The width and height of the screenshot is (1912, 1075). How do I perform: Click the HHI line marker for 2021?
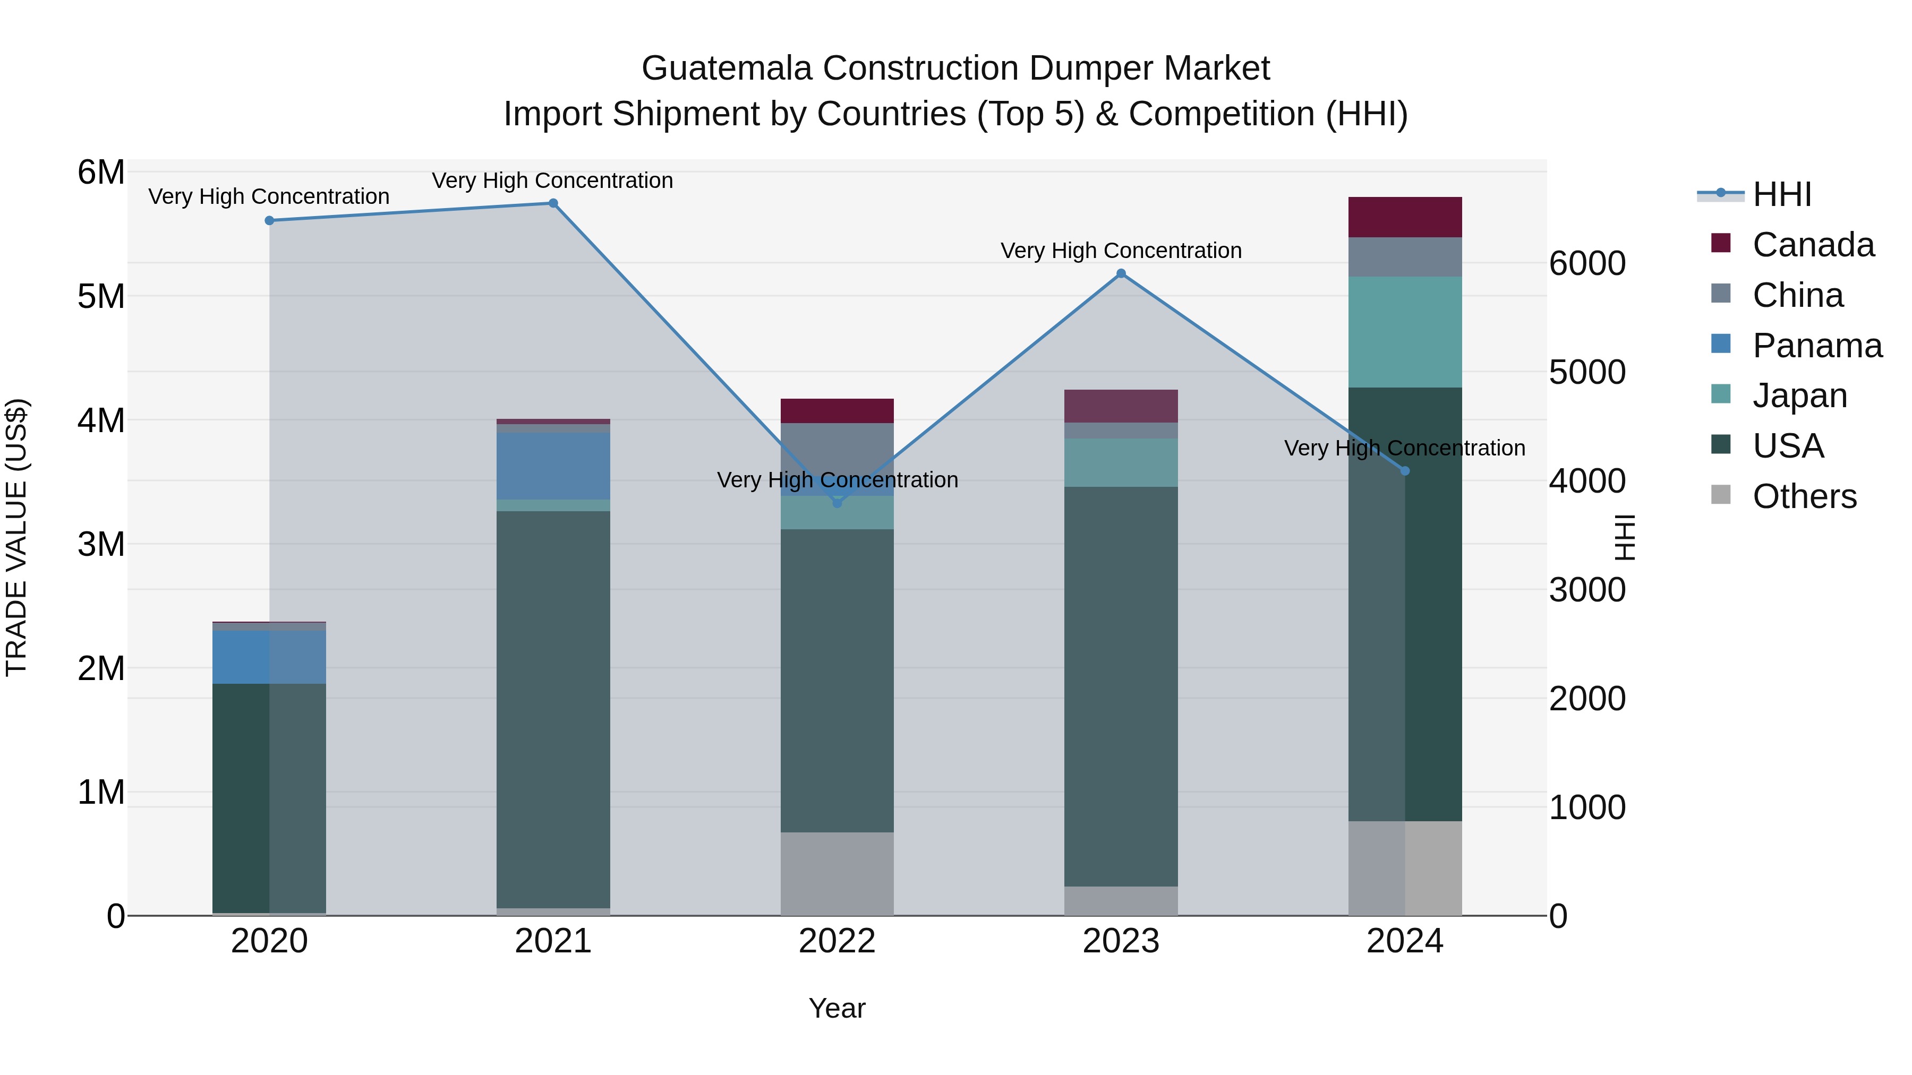pyautogui.click(x=553, y=203)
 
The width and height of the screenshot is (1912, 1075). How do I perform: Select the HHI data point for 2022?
pyautogui.click(x=837, y=503)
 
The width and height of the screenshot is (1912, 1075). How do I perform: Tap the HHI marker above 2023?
pyautogui.click(x=1121, y=274)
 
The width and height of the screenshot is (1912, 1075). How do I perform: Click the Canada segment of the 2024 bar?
pyautogui.click(x=1404, y=217)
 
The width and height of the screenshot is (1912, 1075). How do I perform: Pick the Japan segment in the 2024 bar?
pyautogui.click(x=1404, y=332)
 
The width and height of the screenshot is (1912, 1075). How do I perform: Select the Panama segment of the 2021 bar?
pyautogui.click(x=553, y=466)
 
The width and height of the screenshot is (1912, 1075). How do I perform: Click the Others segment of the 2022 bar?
pyautogui.click(x=837, y=873)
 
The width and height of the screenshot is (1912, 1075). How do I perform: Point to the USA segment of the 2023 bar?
pyautogui.click(x=1121, y=686)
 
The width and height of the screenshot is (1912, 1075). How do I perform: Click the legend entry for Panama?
pyautogui.click(x=1816, y=346)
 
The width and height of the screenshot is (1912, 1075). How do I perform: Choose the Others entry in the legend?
pyautogui.click(x=1804, y=496)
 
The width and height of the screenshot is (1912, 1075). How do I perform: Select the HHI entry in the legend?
pyautogui.click(x=1781, y=194)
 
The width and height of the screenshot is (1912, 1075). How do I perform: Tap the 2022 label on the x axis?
pyautogui.click(x=837, y=941)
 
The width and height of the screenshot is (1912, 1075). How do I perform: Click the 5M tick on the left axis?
pyautogui.click(x=101, y=296)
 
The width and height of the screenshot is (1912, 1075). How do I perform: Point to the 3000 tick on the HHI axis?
pyautogui.click(x=1587, y=590)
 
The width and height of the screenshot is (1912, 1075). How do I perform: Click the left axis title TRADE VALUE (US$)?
pyautogui.click(x=16, y=537)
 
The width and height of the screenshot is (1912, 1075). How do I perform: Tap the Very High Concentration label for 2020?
pyautogui.click(x=269, y=196)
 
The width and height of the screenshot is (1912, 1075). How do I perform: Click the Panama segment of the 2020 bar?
pyautogui.click(x=269, y=657)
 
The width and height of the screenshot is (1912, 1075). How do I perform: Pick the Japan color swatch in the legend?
pyautogui.click(x=1720, y=394)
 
